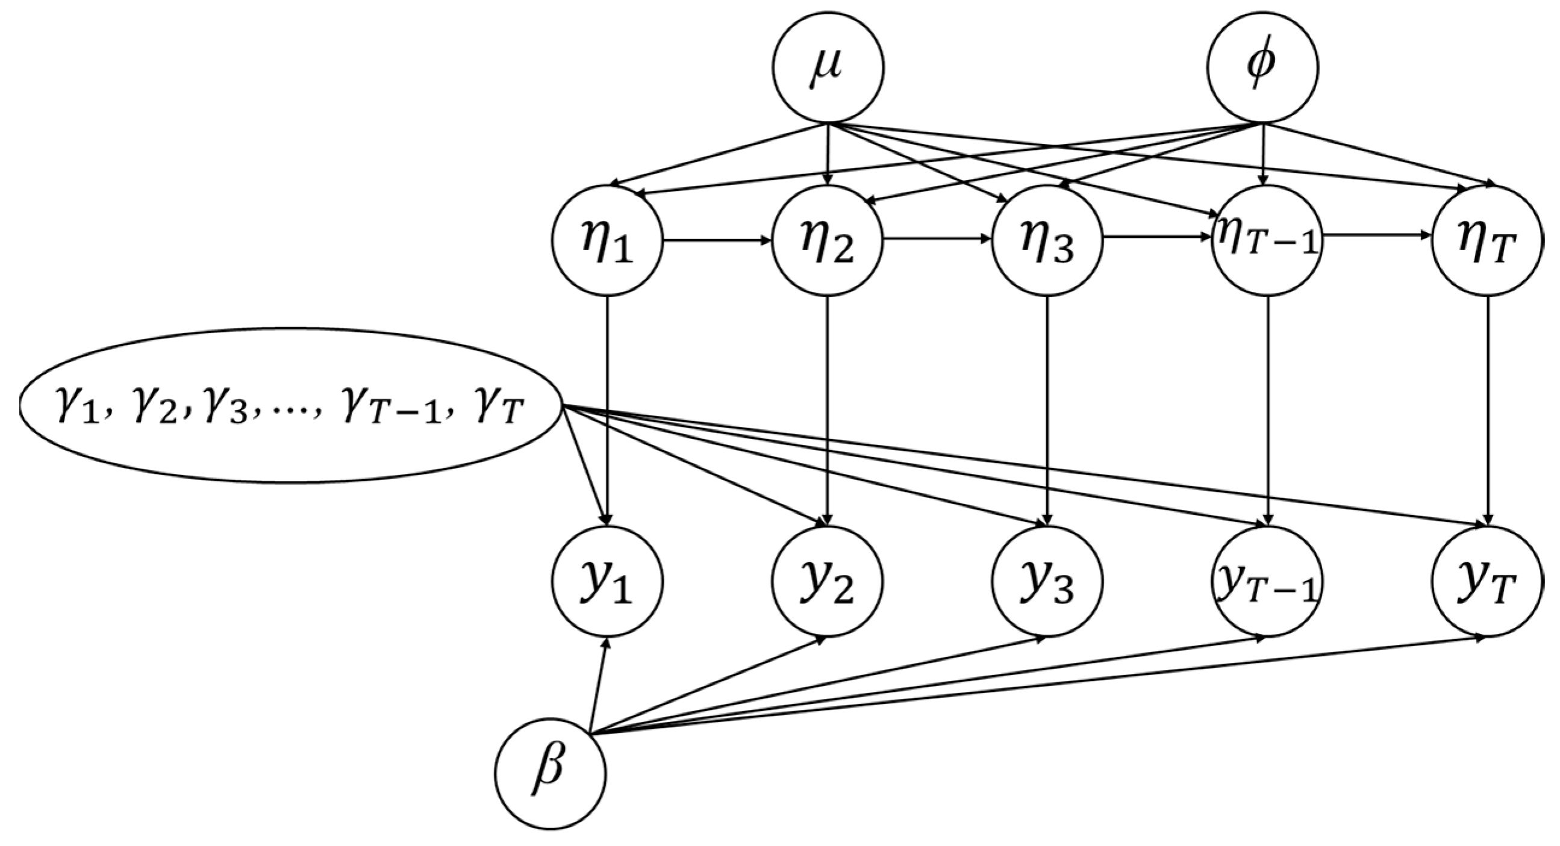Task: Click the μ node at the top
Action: (x=827, y=68)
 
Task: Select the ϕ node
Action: (x=1262, y=68)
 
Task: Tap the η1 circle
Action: (x=607, y=240)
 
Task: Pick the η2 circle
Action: (x=827, y=240)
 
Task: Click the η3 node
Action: (x=1047, y=240)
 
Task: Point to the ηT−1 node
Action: (x=1267, y=240)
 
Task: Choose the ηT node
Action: (x=1487, y=240)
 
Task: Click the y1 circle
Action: (x=607, y=581)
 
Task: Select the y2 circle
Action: (x=827, y=581)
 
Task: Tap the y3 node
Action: (x=1047, y=581)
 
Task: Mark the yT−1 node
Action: (x=1267, y=581)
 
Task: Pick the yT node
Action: (x=1487, y=581)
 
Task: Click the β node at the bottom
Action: (x=551, y=773)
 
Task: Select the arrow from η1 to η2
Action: (x=717, y=240)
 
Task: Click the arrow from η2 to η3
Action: (x=937, y=238)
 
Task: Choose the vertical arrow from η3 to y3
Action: (x=1047, y=412)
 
